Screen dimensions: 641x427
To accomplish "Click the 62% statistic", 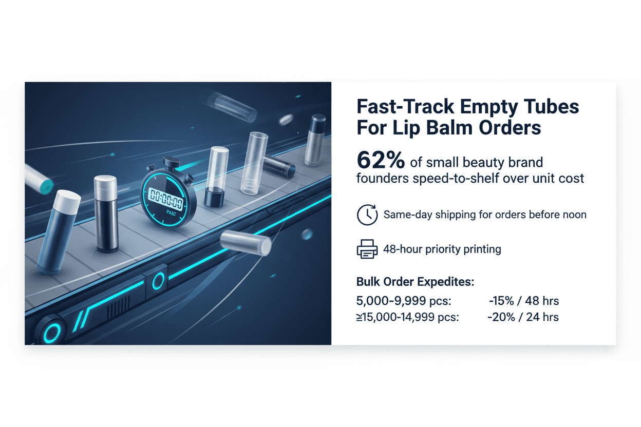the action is coord(381,160).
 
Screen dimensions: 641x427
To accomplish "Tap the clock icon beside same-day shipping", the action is coord(367,215).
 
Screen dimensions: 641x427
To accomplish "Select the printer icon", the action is coord(367,249).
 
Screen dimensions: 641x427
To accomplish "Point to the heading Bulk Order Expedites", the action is coord(415,282).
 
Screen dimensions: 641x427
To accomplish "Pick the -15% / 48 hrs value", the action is coord(524,301).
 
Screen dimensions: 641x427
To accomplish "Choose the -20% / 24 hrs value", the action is coord(523,317).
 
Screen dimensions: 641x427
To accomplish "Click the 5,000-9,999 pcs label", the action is coord(404,301).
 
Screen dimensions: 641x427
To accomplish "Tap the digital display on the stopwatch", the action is coord(166,199).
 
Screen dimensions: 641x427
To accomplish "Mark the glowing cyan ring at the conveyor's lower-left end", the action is coord(52,334).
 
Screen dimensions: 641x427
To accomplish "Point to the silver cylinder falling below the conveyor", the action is coord(246,243).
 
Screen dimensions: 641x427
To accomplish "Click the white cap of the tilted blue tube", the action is coord(67,201).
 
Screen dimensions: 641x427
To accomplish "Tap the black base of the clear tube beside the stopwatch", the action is coord(214,197).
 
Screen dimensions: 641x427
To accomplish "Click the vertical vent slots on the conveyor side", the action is coord(118,307).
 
